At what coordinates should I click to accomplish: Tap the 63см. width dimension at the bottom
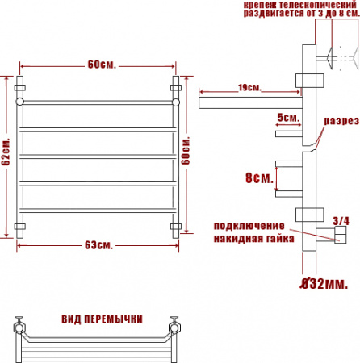click(x=99, y=244)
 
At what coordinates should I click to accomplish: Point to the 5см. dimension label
click(x=287, y=118)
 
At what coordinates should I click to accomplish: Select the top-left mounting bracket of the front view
click(x=21, y=84)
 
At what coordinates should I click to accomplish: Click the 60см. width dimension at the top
click(x=99, y=65)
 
